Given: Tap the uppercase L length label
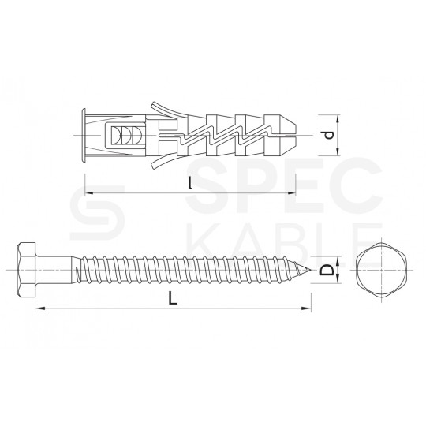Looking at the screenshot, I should [171, 298].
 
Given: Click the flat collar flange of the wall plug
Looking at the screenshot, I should [84, 135].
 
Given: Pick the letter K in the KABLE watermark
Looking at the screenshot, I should [193, 235].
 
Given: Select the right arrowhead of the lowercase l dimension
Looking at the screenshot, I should [291, 192].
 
